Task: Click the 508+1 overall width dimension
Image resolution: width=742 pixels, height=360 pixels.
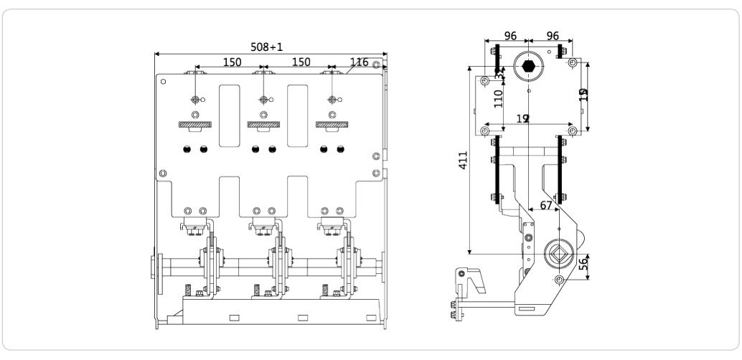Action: [267, 46]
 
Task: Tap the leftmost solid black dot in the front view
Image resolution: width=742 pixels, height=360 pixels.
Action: [187, 149]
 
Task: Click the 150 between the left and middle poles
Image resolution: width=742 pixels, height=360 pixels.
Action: [231, 62]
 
